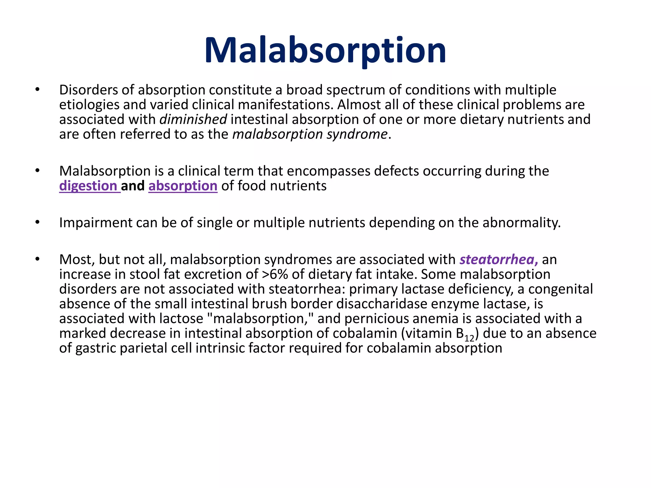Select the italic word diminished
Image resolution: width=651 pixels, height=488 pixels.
point(193,119)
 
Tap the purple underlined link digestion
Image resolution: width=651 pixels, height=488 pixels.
point(88,186)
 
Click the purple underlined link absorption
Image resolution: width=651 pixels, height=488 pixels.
point(183,186)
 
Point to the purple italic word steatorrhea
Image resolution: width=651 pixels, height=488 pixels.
point(497,260)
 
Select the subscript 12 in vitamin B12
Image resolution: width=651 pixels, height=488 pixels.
point(469,338)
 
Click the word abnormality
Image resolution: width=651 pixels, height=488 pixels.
point(521,223)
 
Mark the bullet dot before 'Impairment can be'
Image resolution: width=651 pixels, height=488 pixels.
point(38,222)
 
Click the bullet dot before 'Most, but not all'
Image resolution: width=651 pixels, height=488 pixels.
point(38,259)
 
